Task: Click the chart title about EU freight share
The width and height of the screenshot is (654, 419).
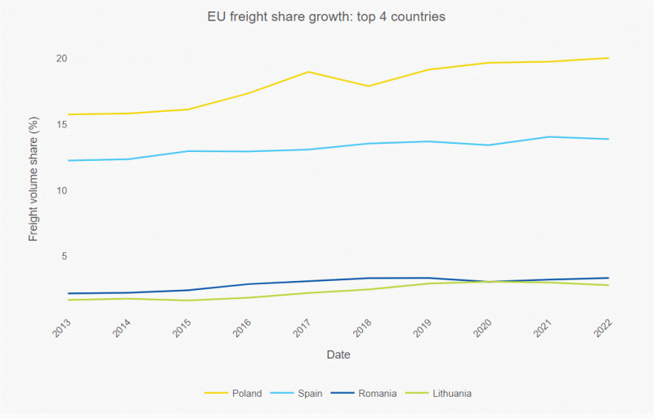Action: (326, 17)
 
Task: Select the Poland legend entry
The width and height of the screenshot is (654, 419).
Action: (246, 393)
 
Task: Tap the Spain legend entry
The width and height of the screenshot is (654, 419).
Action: (310, 393)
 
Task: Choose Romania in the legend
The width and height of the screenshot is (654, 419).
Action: (378, 393)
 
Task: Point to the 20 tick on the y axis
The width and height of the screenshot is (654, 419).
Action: (61, 59)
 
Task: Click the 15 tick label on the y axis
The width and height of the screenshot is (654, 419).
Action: (61, 124)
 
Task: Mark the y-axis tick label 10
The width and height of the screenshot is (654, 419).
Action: (61, 190)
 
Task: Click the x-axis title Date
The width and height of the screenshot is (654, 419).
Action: (338, 355)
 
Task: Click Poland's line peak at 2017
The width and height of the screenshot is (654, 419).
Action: (308, 72)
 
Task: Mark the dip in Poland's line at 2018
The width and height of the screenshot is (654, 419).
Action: (368, 86)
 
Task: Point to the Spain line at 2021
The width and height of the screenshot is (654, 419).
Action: (549, 136)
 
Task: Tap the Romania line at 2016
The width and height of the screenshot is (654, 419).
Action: (248, 284)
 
